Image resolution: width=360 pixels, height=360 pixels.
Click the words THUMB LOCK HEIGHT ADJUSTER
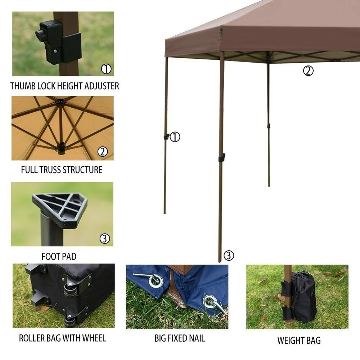pyautogui.click(x=64, y=86)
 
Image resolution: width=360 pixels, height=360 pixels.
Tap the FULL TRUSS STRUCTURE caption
pyautogui.click(x=62, y=170)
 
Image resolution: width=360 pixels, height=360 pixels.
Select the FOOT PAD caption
pyautogui.click(x=59, y=256)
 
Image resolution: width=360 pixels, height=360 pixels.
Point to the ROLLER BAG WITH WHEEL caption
pyautogui.click(x=62, y=338)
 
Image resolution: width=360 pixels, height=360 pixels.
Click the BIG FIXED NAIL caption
pyautogui.click(x=180, y=338)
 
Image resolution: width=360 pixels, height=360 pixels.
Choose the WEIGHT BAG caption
pyautogui.click(x=299, y=340)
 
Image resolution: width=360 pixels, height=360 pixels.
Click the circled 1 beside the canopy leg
pyautogui.click(x=175, y=137)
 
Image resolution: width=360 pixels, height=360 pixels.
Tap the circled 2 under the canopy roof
pyautogui.click(x=308, y=71)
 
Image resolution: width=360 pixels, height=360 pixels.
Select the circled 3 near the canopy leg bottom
pyautogui.click(x=229, y=255)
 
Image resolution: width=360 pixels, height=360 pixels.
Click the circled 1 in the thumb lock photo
pyautogui.click(x=106, y=69)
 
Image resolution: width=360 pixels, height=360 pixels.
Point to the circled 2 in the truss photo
pyautogui.click(x=103, y=152)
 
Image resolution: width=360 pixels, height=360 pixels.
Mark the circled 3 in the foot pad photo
pyautogui.click(x=105, y=239)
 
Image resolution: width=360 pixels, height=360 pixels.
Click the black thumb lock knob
pyautogui.click(x=40, y=35)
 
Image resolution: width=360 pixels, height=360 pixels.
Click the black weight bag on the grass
pyautogui.click(x=303, y=297)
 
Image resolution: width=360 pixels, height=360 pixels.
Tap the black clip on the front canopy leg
pyautogui.click(x=221, y=158)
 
